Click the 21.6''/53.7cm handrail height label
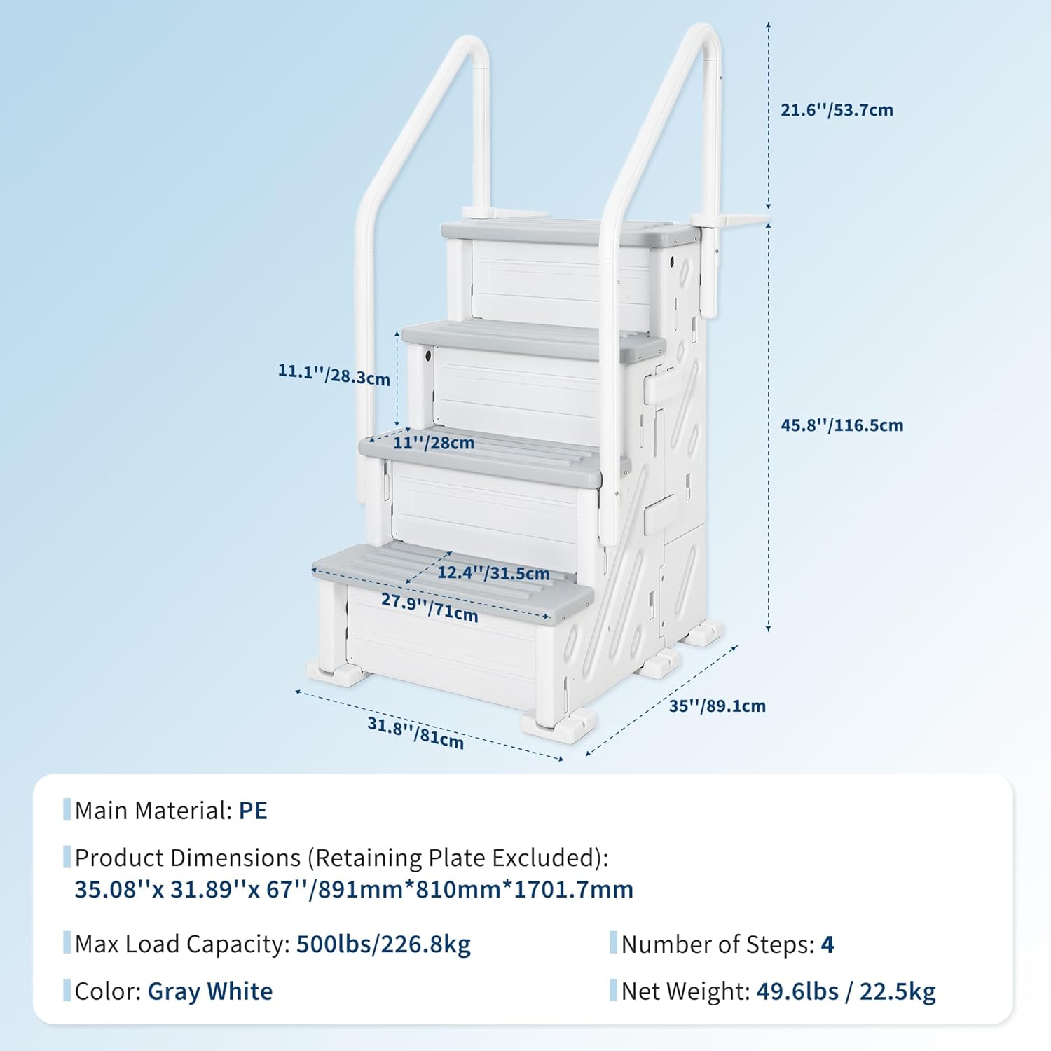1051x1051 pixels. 837,110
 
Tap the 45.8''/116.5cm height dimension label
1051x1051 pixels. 842,425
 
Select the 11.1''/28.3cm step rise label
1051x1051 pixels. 334,374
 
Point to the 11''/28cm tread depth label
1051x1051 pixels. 434,443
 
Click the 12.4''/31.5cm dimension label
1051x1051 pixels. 493,573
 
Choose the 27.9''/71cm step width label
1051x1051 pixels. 430,607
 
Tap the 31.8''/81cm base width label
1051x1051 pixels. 415,733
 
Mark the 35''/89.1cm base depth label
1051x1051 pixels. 717,706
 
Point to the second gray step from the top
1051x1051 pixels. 533,339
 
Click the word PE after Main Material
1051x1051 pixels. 253,811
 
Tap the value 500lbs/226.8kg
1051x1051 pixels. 383,944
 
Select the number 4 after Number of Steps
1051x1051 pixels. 827,944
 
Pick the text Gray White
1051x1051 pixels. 210,991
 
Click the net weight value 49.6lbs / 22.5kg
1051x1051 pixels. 846,991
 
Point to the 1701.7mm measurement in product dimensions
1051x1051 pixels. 574,889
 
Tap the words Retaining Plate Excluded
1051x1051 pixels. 458,858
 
